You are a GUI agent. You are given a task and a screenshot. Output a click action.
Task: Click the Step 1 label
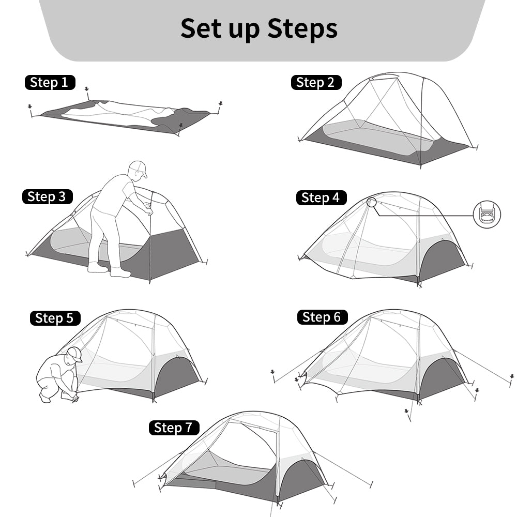50,82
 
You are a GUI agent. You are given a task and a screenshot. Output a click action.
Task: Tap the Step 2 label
316,82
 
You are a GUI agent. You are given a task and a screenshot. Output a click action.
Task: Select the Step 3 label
47,196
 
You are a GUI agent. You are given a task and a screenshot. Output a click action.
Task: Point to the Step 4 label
321,197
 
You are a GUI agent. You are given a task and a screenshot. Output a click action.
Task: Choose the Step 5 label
55,318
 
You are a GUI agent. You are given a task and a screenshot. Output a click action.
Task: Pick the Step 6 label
322,317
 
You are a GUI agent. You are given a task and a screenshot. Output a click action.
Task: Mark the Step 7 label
173,428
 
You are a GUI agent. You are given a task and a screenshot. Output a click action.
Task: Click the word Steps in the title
302,29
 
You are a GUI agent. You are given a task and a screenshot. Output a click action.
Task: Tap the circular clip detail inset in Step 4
487,214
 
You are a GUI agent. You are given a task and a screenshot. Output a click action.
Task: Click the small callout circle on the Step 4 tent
372,202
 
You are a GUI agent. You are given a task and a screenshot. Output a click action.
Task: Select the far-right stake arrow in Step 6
511,377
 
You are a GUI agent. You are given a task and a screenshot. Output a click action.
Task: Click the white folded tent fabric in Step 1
119,113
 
